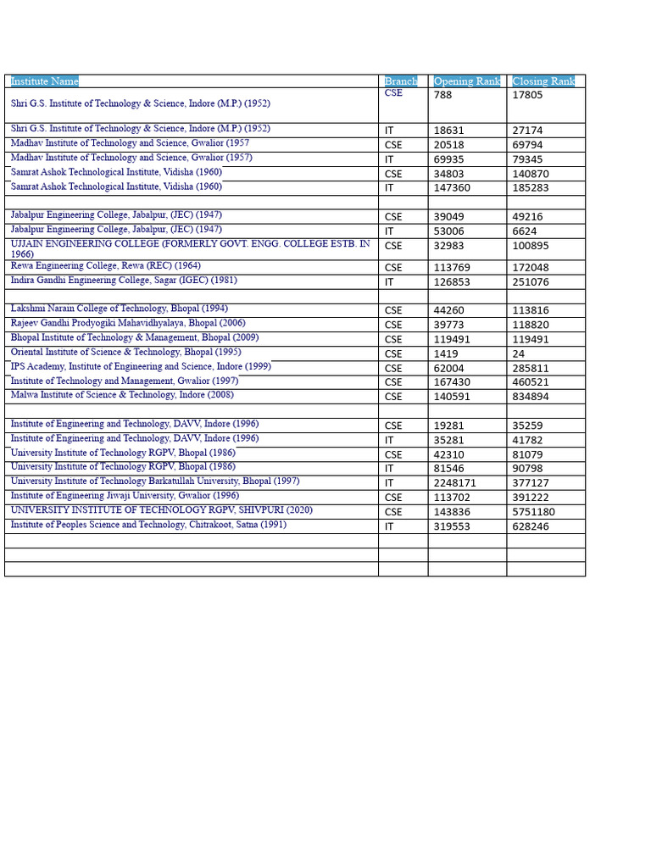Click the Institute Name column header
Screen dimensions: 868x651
point(45,81)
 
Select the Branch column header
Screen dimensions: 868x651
point(401,81)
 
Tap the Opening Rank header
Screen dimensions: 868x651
point(467,81)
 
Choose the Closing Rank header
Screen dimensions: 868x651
point(543,81)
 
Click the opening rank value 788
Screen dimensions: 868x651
point(442,95)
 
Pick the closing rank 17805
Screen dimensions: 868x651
point(527,95)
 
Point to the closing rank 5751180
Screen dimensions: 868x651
point(534,512)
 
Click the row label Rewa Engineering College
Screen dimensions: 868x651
point(105,266)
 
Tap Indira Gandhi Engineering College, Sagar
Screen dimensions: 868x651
point(125,281)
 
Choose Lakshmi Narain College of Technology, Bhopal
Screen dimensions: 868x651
point(119,309)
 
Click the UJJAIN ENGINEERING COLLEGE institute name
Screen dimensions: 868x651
point(190,244)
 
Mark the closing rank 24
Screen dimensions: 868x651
point(519,353)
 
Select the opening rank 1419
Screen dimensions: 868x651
point(446,353)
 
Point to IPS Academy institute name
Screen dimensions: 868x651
point(141,367)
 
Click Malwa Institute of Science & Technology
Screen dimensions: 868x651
point(122,395)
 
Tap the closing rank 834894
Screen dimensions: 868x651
point(531,397)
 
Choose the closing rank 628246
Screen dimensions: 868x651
point(531,526)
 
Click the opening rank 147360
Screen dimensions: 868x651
point(452,188)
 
